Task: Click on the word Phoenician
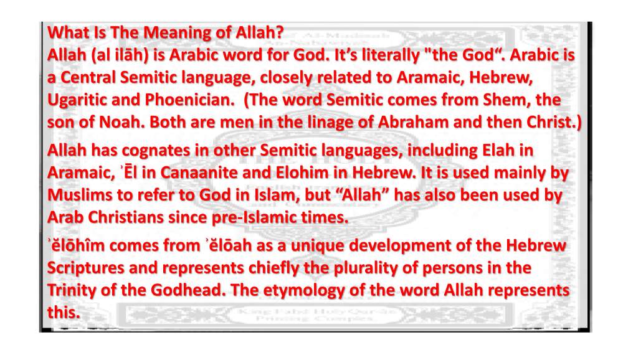click(x=189, y=100)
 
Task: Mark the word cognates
click(x=156, y=151)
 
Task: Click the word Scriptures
click(x=86, y=268)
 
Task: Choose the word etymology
click(x=304, y=291)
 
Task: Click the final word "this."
click(x=64, y=312)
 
